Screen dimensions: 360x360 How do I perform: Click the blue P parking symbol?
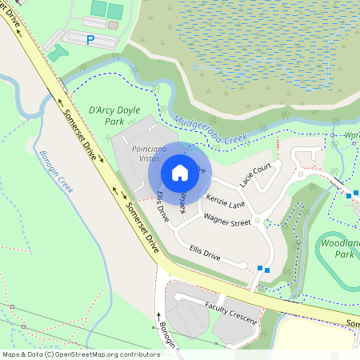[90, 38]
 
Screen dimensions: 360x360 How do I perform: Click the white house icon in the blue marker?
[180, 172]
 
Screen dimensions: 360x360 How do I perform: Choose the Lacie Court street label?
[257, 174]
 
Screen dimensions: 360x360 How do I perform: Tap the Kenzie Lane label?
[225, 200]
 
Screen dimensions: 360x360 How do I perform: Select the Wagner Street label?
[226, 219]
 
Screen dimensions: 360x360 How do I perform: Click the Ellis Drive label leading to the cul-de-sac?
[204, 253]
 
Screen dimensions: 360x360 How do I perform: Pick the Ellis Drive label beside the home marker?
[162, 206]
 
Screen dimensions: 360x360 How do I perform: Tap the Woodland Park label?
[343, 247]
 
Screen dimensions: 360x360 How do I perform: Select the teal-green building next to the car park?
[57, 53]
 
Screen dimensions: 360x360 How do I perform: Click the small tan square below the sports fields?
[113, 26]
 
